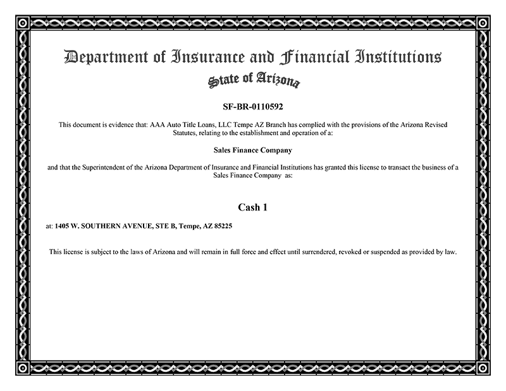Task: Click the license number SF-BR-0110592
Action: click(x=252, y=106)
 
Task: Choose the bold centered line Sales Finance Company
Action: click(x=252, y=151)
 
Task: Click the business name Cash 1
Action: click(x=252, y=207)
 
